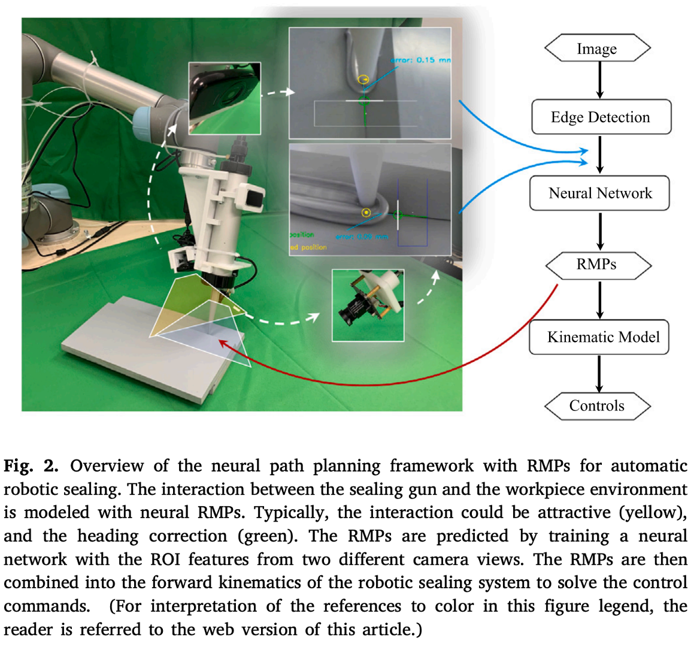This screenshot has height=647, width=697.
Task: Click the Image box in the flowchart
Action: (596, 49)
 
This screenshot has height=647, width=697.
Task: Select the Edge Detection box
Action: (601, 117)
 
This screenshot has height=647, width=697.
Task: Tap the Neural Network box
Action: (600, 193)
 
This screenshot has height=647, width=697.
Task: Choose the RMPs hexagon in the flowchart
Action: (596, 264)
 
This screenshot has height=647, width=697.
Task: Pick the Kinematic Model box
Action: (599, 337)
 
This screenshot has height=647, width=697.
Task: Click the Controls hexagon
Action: (596, 406)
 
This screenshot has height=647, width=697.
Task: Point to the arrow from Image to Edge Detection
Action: (599, 81)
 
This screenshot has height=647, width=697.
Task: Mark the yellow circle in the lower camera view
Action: (365, 212)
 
